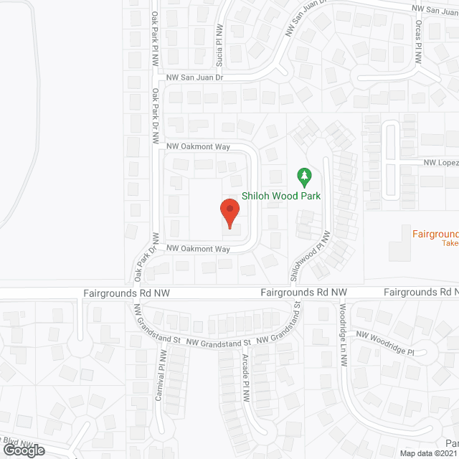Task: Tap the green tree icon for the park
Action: [x=303, y=175]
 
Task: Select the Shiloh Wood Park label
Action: [x=280, y=196]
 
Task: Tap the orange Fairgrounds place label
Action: [x=435, y=234]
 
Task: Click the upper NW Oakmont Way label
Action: [x=197, y=146]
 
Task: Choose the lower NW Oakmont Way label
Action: [x=197, y=249]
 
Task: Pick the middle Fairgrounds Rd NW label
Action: [x=303, y=293]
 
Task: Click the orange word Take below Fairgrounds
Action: [x=450, y=244]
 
